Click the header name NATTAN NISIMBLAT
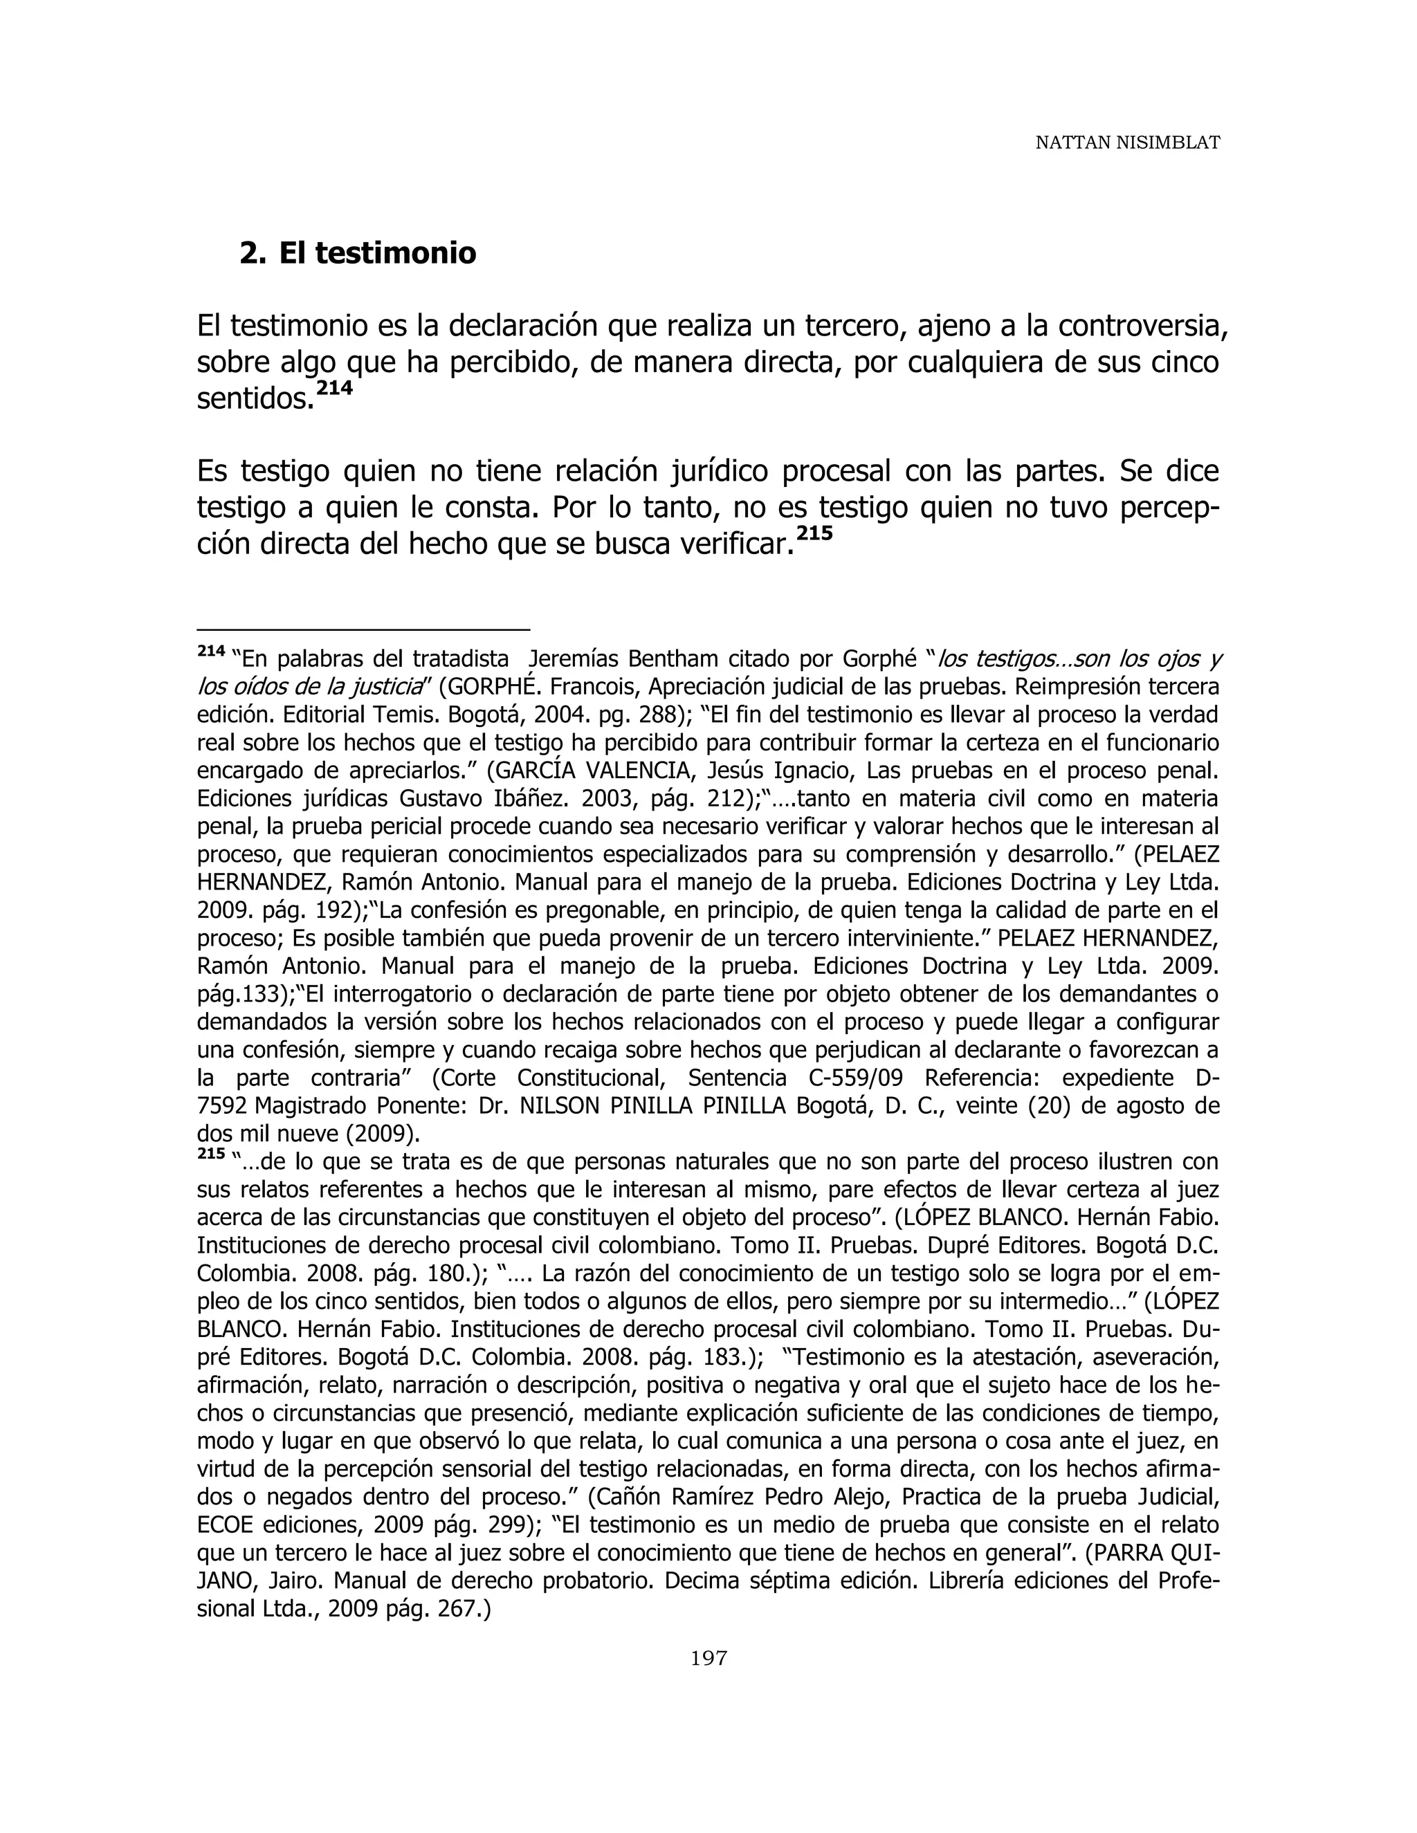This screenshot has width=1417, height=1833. click(x=1126, y=143)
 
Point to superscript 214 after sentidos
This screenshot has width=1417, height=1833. click(x=334, y=389)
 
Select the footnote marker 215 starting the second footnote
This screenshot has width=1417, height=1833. click(x=211, y=1154)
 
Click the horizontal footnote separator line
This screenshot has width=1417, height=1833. click(x=363, y=629)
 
